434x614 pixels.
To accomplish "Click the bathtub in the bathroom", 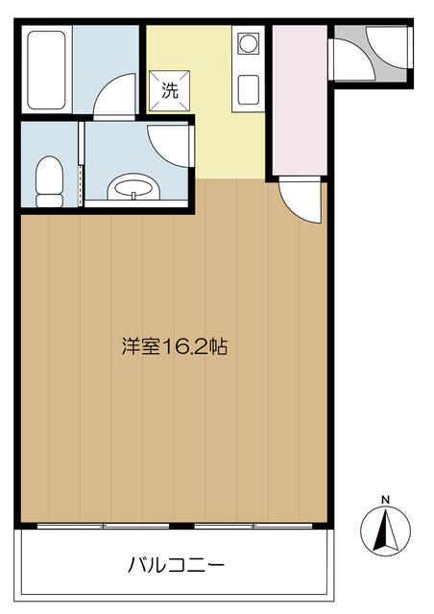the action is pos(46,70).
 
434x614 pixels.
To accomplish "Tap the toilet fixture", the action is pos(49,181).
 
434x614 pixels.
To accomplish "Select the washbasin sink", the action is pos(133,187).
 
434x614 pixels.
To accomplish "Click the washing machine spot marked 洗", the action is pos(170,91).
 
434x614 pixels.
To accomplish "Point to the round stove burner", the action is pos(248,42).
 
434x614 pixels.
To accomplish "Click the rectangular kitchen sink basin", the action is pos(248,89).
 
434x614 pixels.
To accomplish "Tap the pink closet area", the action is pos(300,100).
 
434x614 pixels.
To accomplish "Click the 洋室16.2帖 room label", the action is pos(175,346).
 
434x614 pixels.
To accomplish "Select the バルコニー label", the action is pos(176,565).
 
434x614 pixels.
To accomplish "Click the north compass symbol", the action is pos(385,531).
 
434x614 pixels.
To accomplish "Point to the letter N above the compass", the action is pos(386,500).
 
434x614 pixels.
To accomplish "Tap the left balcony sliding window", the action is pos(103,526).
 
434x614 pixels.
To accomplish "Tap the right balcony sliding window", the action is pos(253,526).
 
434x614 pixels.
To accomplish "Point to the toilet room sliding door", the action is pos(82,164).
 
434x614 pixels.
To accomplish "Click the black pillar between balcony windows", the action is pos(181,526).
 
